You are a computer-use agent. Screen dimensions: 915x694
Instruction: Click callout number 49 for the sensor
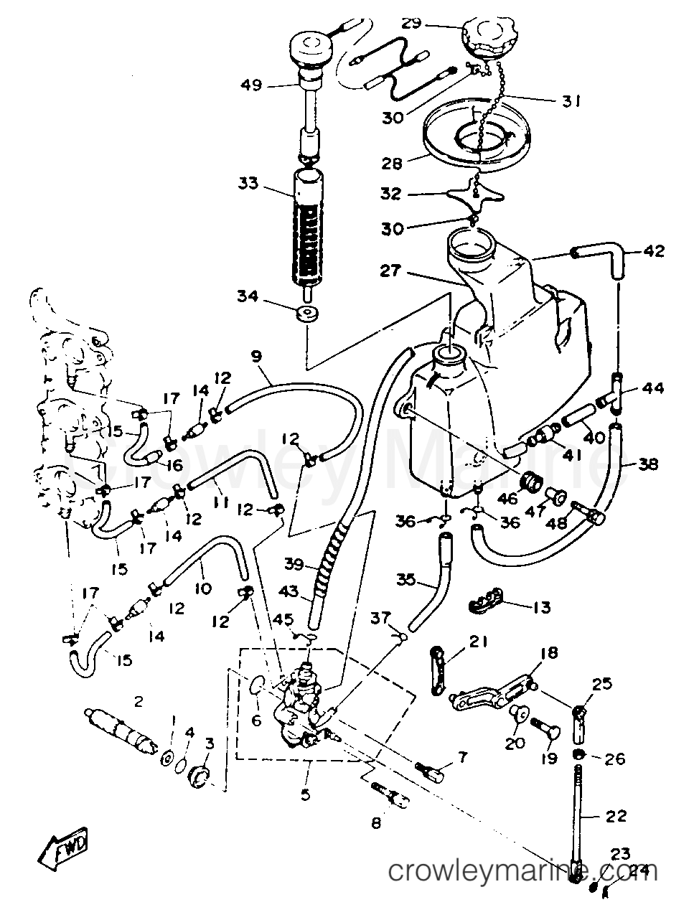point(251,85)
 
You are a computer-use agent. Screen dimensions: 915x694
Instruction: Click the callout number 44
point(654,388)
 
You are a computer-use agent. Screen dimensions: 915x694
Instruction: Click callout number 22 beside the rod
point(616,815)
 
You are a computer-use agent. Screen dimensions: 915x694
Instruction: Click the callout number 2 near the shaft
point(139,700)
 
